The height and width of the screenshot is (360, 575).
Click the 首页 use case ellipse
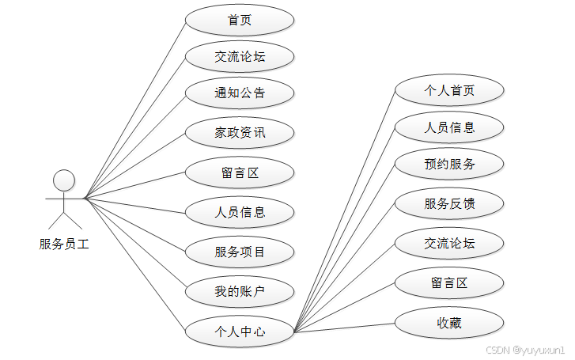point(240,21)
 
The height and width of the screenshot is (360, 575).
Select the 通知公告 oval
point(240,93)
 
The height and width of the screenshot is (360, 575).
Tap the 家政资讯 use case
point(240,132)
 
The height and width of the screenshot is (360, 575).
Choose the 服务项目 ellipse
point(240,252)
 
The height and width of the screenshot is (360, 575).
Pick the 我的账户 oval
point(240,292)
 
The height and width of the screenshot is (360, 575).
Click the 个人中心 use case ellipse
point(240,332)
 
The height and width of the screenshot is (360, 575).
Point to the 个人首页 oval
point(449,90)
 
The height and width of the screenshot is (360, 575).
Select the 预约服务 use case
point(449,165)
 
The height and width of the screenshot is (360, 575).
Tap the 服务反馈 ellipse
point(449,204)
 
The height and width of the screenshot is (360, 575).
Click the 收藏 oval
point(449,323)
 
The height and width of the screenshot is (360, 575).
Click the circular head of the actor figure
point(64,180)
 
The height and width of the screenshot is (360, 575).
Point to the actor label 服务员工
point(64,244)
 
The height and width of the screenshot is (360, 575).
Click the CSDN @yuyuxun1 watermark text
point(524,349)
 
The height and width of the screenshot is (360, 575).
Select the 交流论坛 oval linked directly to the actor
point(240,56)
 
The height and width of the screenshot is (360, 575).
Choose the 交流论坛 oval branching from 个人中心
point(449,244)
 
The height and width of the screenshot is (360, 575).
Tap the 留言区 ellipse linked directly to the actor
point(240,172)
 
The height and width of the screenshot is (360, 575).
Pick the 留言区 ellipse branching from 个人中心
point(449,282)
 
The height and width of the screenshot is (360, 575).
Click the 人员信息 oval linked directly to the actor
point(240,211)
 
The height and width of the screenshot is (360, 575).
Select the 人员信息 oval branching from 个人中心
point(449,127)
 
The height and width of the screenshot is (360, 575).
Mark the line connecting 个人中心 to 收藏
point(344,328)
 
